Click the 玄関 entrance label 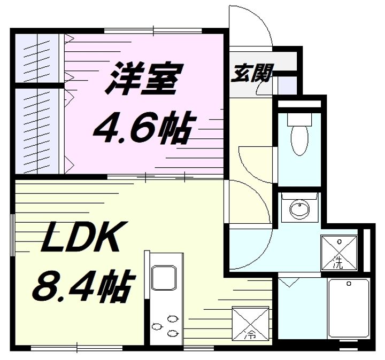tap(252, 73)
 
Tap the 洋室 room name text tap(144, 79)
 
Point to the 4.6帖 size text tap(145, 127)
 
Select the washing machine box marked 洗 tap(339, 253)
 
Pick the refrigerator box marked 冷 tap(250, 323)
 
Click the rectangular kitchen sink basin tap(164, 278)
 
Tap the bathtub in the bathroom tap(349, 309)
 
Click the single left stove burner tap(157, 327)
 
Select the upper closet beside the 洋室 tap(37, 58)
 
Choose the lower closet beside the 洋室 tap(37, 131)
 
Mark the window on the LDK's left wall tap(12, 235)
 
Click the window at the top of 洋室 tap(153, 31)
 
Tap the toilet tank tap(299, 120)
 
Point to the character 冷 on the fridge tap(250, 335)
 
